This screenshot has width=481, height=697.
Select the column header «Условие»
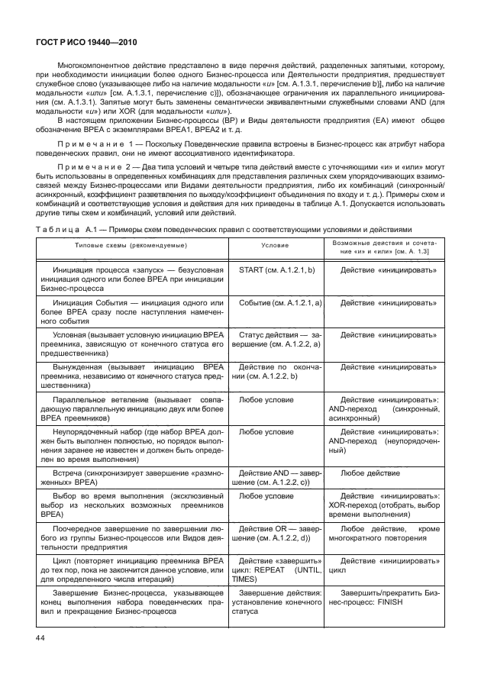coord(274,245)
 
